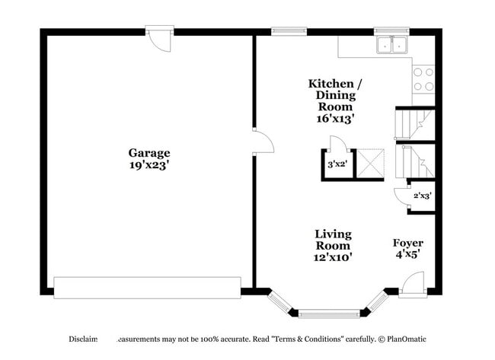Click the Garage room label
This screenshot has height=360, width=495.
click(x=148, y=152)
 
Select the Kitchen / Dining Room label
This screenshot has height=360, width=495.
click(x=331, y=94)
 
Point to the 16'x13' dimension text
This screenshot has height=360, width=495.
click(x=336, y=119)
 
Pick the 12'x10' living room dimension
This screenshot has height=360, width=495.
click(x=333, y=257)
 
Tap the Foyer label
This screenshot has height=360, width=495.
click(x=408, y=243)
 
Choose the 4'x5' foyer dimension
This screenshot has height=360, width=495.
click(x=407, y=255)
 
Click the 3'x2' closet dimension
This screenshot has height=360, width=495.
click(x=336, y=164)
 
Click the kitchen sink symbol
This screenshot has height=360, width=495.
click(x=393, y=46)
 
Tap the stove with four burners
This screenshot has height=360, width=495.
click(x=423, y=79)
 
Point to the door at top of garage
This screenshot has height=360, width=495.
click(x=161, y=38)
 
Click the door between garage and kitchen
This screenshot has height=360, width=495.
click(x=260, y=142)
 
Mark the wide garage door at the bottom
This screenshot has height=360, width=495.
click(x=147, y=287)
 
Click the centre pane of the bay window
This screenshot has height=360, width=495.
click(x=329, y=312)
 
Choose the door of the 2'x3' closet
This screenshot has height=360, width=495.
click(x=401, y=195)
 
